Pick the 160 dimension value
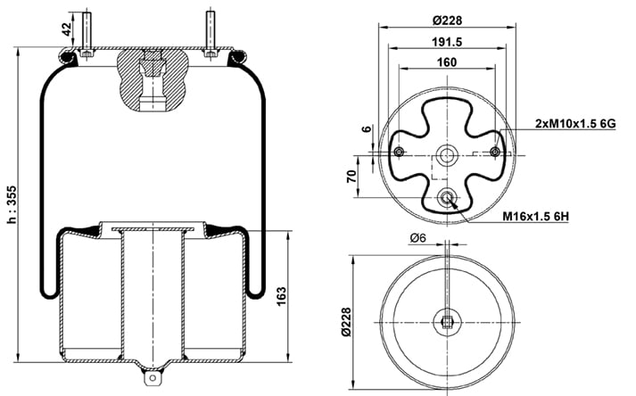tap(447, 62)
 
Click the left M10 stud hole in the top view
tap(399, 151)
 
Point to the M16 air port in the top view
tap(448, 198)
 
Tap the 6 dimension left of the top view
tap(367, 131)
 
